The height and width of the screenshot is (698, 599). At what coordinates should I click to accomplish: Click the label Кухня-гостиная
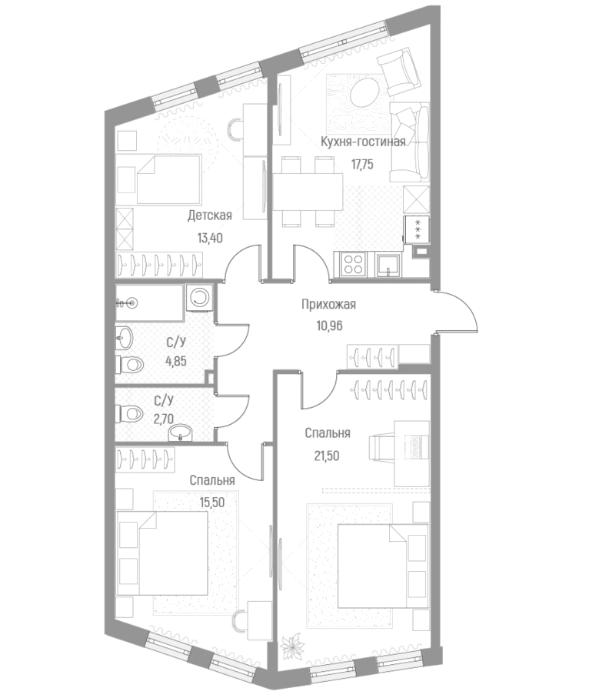pyautogui.click(x=362, y=142)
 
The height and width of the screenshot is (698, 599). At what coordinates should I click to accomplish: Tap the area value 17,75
pyautogui.click(x=362, y=163)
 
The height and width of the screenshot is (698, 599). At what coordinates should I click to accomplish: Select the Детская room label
pyautogui.click(x=209, y=216)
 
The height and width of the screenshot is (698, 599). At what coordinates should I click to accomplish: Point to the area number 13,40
pyautogui.click(x=209, y=238)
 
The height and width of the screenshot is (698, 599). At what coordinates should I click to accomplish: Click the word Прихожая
pyautogui.click(x=328, y=304)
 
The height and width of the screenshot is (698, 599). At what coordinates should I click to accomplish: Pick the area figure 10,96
pyautogui.click(x=328, y=325)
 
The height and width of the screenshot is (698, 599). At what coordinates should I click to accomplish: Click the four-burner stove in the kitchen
pyautogui.click(x=353, y=265)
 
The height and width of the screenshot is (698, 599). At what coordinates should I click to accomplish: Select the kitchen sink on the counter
pyautogui.click(x=389, y=266)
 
